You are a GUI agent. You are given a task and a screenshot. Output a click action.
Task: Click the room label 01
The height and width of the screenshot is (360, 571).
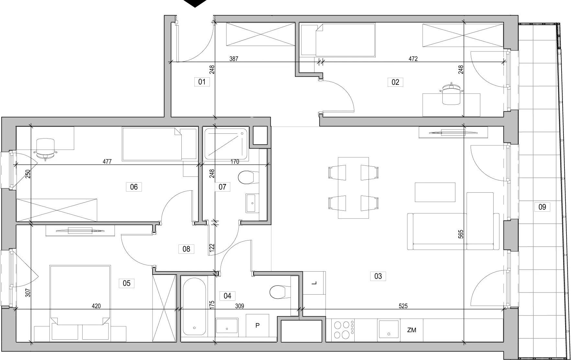click(x=202, y=82)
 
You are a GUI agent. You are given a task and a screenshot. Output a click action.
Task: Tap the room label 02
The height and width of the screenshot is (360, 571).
click(x=395, y=82)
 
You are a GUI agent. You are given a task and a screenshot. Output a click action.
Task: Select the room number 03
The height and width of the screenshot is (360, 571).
click(x=378, y=276)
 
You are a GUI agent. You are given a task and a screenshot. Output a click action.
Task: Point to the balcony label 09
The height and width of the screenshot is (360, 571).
click(x=542, y=207)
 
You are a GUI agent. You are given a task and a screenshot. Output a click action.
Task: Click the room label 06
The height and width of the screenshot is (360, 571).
click(x=134, y=187)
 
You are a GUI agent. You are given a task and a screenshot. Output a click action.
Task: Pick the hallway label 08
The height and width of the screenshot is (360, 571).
click(x=186, y=249)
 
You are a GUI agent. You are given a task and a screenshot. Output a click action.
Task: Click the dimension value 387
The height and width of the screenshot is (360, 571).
click(x=234, y=59)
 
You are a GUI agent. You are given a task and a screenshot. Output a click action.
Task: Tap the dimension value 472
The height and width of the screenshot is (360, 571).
click(x=413, y=59)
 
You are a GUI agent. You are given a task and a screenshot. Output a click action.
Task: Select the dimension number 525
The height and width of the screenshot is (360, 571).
click(x=403, y=306)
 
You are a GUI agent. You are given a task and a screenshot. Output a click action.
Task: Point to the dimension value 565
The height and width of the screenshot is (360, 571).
click(x=461, y=234)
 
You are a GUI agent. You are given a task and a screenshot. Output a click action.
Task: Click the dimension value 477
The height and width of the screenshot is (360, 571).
click(x=107, y=162)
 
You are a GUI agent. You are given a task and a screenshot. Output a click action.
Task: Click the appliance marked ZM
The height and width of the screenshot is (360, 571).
click(x=412, y=330)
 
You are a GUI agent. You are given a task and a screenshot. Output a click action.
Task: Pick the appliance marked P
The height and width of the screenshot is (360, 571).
click(x=257, y=325)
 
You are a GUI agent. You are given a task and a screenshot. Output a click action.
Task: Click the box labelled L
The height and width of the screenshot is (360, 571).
click(x=314, y=283)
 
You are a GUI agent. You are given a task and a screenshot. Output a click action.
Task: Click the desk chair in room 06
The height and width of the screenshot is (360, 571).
click(x=46, y=149)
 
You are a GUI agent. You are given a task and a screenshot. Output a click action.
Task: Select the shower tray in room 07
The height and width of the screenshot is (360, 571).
click(x=226, y=144)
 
